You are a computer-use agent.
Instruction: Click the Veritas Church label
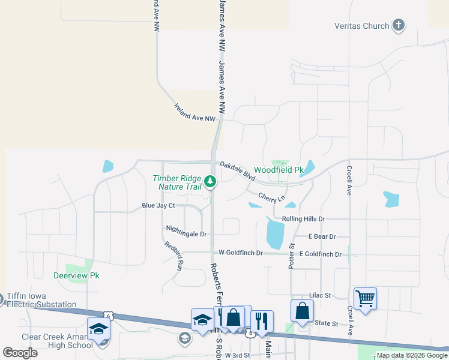pos(361,26)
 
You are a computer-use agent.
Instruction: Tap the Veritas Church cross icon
pos(398,25)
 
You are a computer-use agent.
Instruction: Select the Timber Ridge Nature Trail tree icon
pos(209,181)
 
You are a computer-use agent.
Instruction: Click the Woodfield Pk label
pos(279,170)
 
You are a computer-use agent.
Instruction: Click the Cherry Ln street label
pos(271,197)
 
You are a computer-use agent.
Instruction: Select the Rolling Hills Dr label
pos(303,220)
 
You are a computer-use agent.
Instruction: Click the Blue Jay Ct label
pos(158,206)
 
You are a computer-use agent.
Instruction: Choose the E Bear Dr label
pos(322,237)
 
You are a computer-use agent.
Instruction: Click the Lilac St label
pos(319,295)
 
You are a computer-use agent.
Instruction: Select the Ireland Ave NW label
pos(194,112)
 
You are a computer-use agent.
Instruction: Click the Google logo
pos(20,352)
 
